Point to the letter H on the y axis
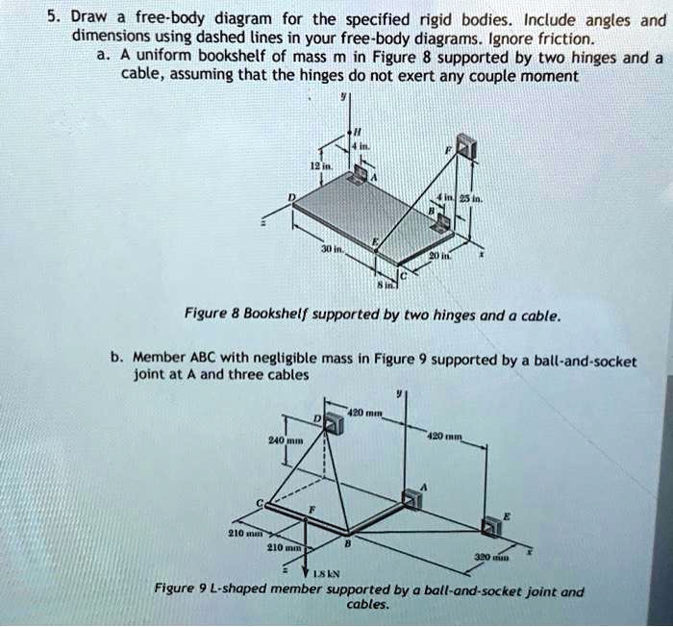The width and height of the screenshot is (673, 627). click(x=357, y=131)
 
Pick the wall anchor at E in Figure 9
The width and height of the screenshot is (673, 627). click(x=492, y=524)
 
